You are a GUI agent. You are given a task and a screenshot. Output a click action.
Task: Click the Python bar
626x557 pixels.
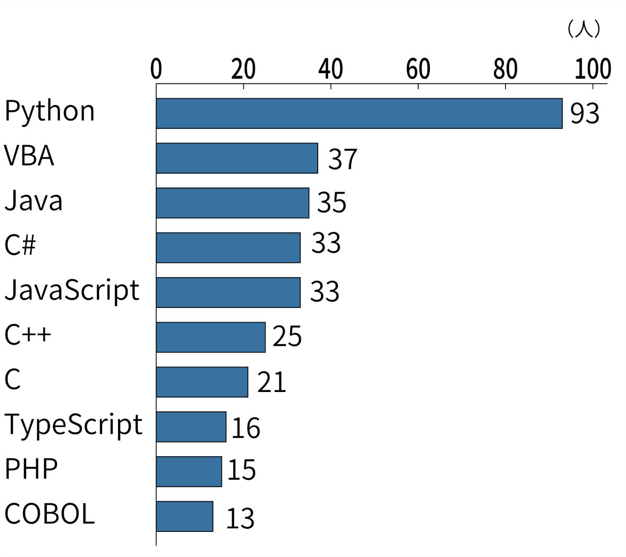click(x=359, y=113)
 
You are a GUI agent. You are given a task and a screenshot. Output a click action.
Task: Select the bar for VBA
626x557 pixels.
click(x=237, y=158)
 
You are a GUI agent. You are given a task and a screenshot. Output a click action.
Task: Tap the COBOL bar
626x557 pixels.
click(x=185, y=516)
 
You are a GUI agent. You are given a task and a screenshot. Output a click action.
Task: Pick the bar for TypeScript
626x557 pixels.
click(x=191, y=427)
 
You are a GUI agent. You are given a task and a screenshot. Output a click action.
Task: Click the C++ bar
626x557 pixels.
click(x=211, y=337)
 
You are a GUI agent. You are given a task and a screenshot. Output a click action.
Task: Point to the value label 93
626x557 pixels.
click(x=585, y=113)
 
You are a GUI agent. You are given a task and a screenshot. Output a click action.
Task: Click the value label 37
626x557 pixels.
click(x=342, y=159)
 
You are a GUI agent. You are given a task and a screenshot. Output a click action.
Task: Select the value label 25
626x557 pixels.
click(x=287, y=336)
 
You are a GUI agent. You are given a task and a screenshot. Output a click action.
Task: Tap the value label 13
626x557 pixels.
click(x=240, y=518)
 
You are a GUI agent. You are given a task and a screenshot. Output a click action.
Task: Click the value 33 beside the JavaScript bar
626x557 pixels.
click(x=324, y=291)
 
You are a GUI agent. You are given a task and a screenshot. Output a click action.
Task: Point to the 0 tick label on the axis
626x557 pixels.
click(x=156, y=69)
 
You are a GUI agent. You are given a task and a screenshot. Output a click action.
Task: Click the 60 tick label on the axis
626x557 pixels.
click(x=418, y=69)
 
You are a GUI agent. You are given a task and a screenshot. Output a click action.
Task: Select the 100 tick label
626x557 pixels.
click(x=593, y=69)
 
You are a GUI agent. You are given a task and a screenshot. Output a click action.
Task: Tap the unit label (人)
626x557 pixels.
click(x=584, y=29)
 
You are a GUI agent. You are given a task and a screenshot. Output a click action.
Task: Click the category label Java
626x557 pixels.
click(x=33, y=200)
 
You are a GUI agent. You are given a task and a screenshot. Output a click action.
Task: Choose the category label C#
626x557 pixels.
click(x=20, y=245)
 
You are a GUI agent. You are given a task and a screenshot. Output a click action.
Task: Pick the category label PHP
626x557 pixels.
click(x=31, y=469)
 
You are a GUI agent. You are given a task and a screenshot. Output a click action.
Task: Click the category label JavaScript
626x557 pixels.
click(x=72, y=291)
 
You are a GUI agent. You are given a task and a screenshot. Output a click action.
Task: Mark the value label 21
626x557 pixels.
click(x=271, y=382)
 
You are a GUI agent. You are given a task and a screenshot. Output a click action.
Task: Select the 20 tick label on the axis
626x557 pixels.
click(x=244, y=69)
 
